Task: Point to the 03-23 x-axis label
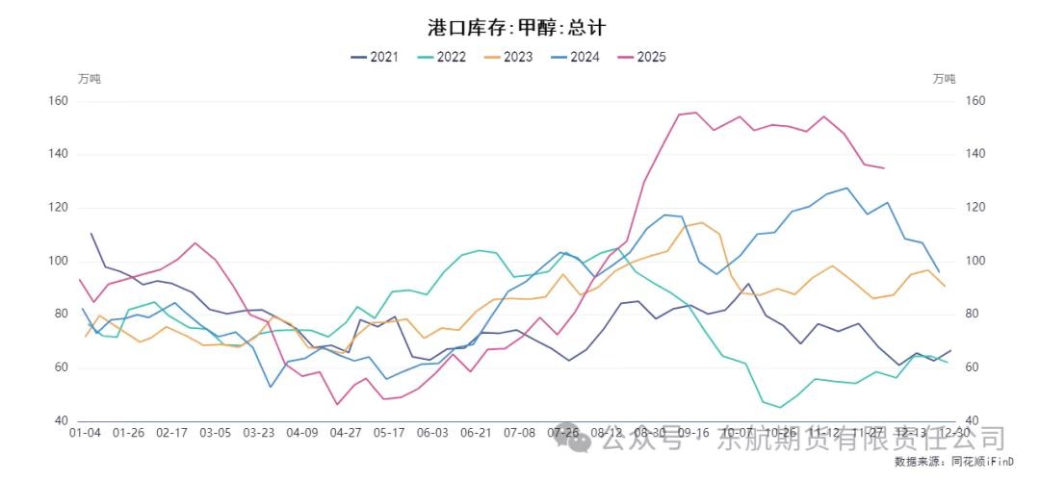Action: point(259,433)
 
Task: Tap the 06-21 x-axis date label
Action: point(477,433)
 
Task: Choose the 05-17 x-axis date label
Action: point(390,433)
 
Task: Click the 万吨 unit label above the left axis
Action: point(89,79)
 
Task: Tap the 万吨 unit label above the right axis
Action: point(946,79)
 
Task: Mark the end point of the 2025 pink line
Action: point(884,168)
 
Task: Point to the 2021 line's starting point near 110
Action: point(91,233)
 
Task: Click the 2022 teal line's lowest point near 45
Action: point(781,407)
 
